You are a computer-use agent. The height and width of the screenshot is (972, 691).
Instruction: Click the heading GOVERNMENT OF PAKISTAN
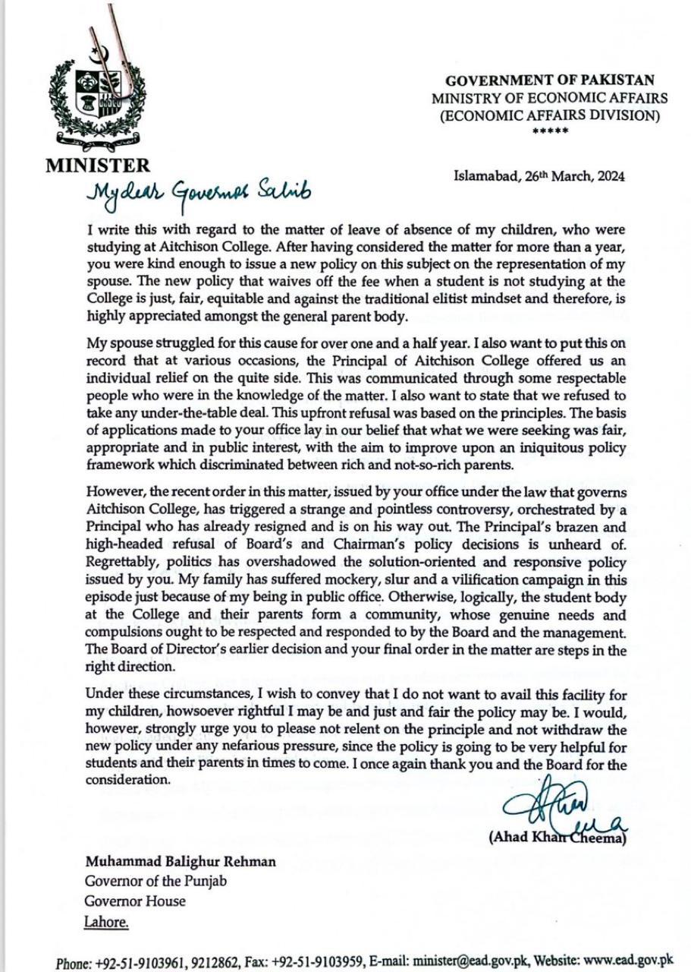pyautogui.click(x=550, y=80)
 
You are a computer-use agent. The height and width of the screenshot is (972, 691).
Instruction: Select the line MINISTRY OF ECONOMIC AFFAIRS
pyautogui.click(x=550, y=98)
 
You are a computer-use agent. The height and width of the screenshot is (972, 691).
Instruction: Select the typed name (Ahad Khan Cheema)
pyautogui.click(x=558, y=838)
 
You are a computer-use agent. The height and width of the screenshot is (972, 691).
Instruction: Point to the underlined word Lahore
pyautogui.click(x=106, y=922)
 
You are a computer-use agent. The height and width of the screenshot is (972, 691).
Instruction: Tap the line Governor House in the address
pyautogui.click(x=135, y=902)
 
